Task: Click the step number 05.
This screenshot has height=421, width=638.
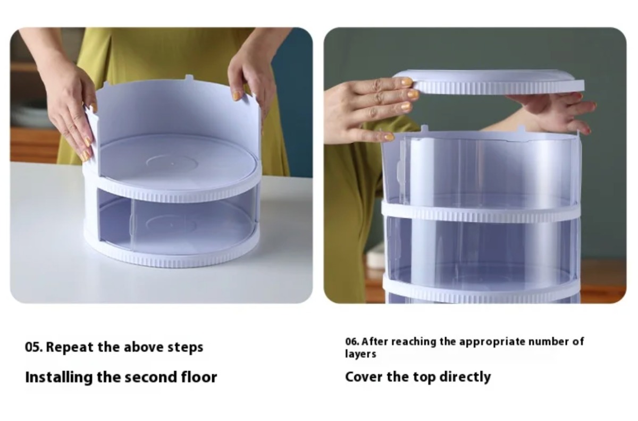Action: coord(33,347)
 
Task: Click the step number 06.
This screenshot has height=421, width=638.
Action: coord(352,341)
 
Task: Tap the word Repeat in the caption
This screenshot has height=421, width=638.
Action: coord(70,347)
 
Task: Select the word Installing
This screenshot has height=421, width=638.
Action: coord(59,377)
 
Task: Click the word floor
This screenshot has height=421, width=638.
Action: coord(199,377)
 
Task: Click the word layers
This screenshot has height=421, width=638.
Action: coord(360,355)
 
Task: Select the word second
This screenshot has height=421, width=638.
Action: coord(151,377)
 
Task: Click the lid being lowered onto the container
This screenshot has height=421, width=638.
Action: coord(489,82)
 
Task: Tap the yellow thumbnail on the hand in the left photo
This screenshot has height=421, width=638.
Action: coord(237,96)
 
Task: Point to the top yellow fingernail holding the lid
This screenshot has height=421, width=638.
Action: coord(407,82)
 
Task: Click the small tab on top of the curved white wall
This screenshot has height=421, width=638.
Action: coord(189,77)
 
